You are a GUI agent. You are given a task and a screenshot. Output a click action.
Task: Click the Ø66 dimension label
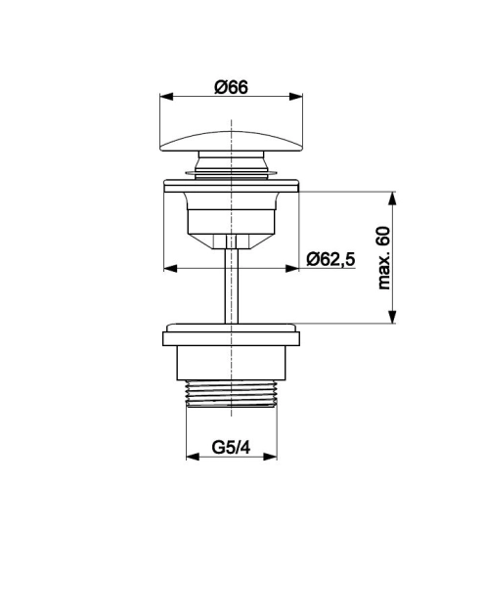pos(231,87)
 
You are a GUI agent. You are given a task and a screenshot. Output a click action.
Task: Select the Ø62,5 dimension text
pos(330,259)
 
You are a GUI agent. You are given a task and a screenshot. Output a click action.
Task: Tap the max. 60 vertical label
pos(383,258)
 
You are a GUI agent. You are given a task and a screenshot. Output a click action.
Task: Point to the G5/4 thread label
pos(231,447)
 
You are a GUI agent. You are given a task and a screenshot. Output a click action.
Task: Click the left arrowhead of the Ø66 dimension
pos(166,97)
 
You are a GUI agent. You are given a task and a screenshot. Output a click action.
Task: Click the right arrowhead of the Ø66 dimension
pos(296,97)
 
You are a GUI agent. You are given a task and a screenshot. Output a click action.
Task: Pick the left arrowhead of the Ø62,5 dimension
pos(170,268)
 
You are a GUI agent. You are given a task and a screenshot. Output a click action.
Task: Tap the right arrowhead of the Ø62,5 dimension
pos(292,268)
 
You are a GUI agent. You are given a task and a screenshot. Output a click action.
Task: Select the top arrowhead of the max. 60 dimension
pos(392,198)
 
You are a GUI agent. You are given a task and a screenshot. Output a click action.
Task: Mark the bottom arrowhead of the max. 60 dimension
pos(392,317)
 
